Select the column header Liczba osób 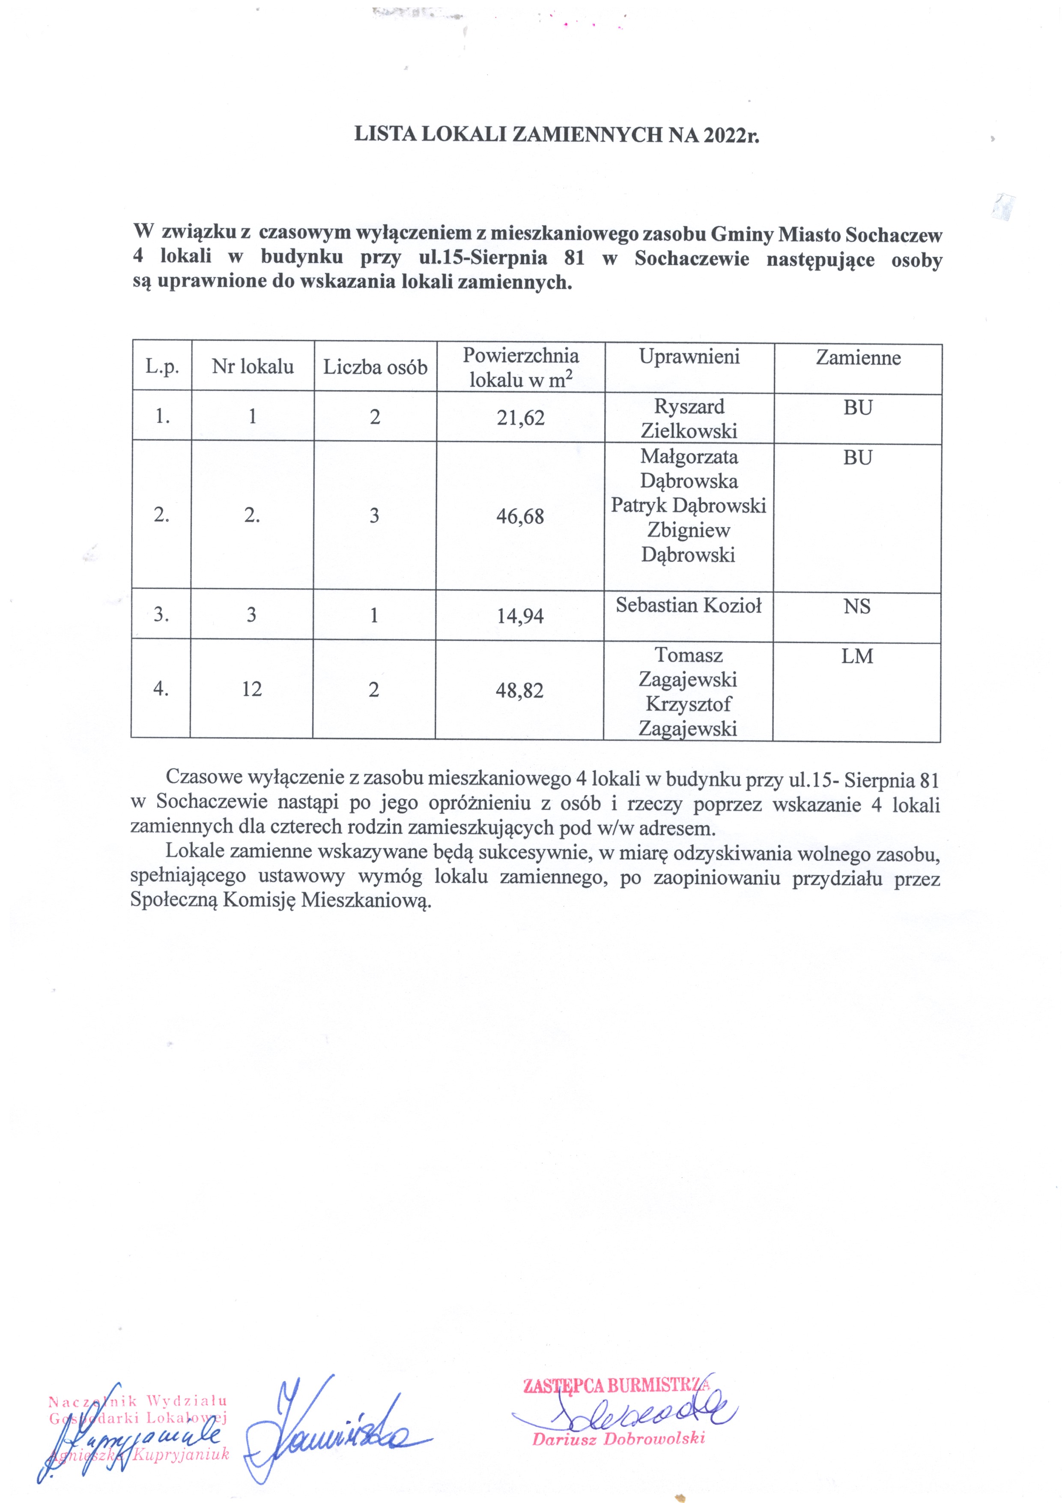375,367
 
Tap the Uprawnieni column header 689,357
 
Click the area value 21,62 520,418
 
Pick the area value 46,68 520,516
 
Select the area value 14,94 520,616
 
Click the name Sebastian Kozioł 688,605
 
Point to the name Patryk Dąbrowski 688,506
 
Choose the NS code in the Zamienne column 856,607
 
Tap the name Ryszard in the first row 689,407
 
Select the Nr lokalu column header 253,367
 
